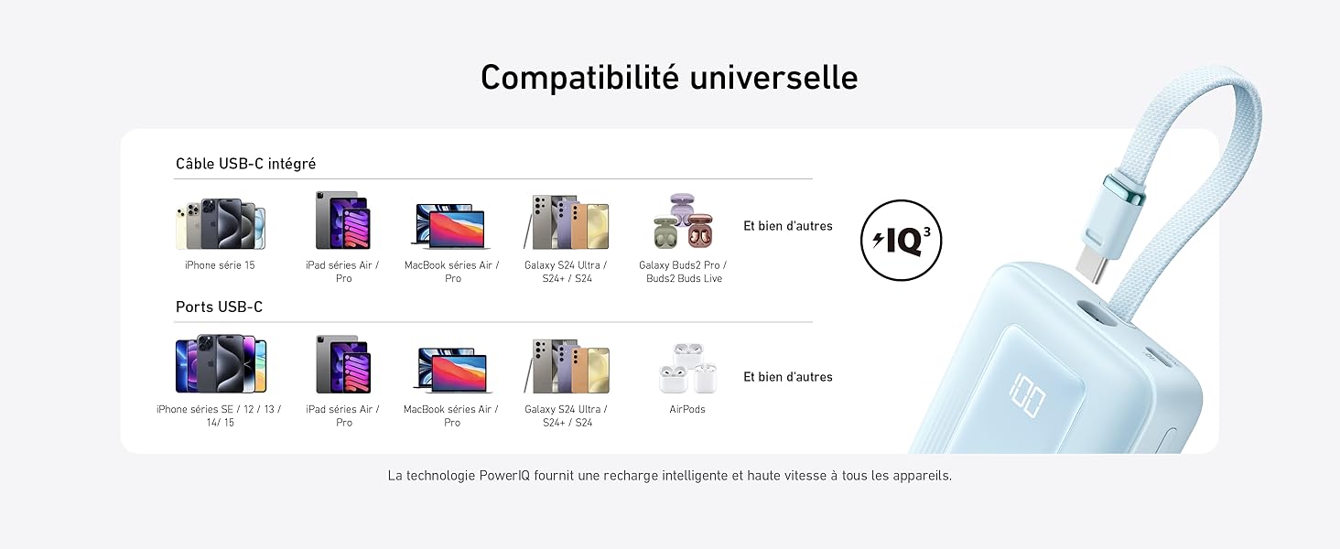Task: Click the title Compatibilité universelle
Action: pyautogui.click(x=669, y=78)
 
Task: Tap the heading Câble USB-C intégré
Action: pyautogui.click(x=245, y=164)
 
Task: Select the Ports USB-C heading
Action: pyautogui.click(x=219, y=307)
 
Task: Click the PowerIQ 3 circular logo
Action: pyautogui.click(x=901, y=241)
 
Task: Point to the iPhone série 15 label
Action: pyautogui.click(x=220, y=265)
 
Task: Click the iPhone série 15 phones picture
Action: pyautogui.click(x=221, y=223)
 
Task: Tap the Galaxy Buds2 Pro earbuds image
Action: pyautogui.click(x=683, y=221)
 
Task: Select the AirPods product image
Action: pyautogui.click(x=687, y=368)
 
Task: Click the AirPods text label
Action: pyautogui.click(x=686, y=409)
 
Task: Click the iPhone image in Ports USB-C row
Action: pyautogui.click(x=221, y=363)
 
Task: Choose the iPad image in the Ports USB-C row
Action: pyautogui.click(x=343, y=363)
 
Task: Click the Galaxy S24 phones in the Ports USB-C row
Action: pyautogui.click(x=567, y=366)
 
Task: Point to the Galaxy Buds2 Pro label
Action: pyautogui.click(x=683, y=272)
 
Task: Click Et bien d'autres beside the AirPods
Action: pyautogui.click(x=788, y=377)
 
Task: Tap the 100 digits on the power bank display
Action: pyautogui.click(x=1027, y=395)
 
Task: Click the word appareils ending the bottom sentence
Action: pyautogui.click(x=922, y=476)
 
